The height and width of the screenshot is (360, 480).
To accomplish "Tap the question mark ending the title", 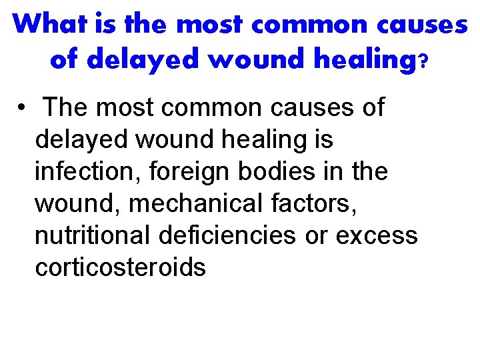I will [423, 61].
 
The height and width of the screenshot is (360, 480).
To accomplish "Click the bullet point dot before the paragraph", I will [23, 107].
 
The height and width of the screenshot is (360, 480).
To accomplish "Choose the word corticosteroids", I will [120, 267].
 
